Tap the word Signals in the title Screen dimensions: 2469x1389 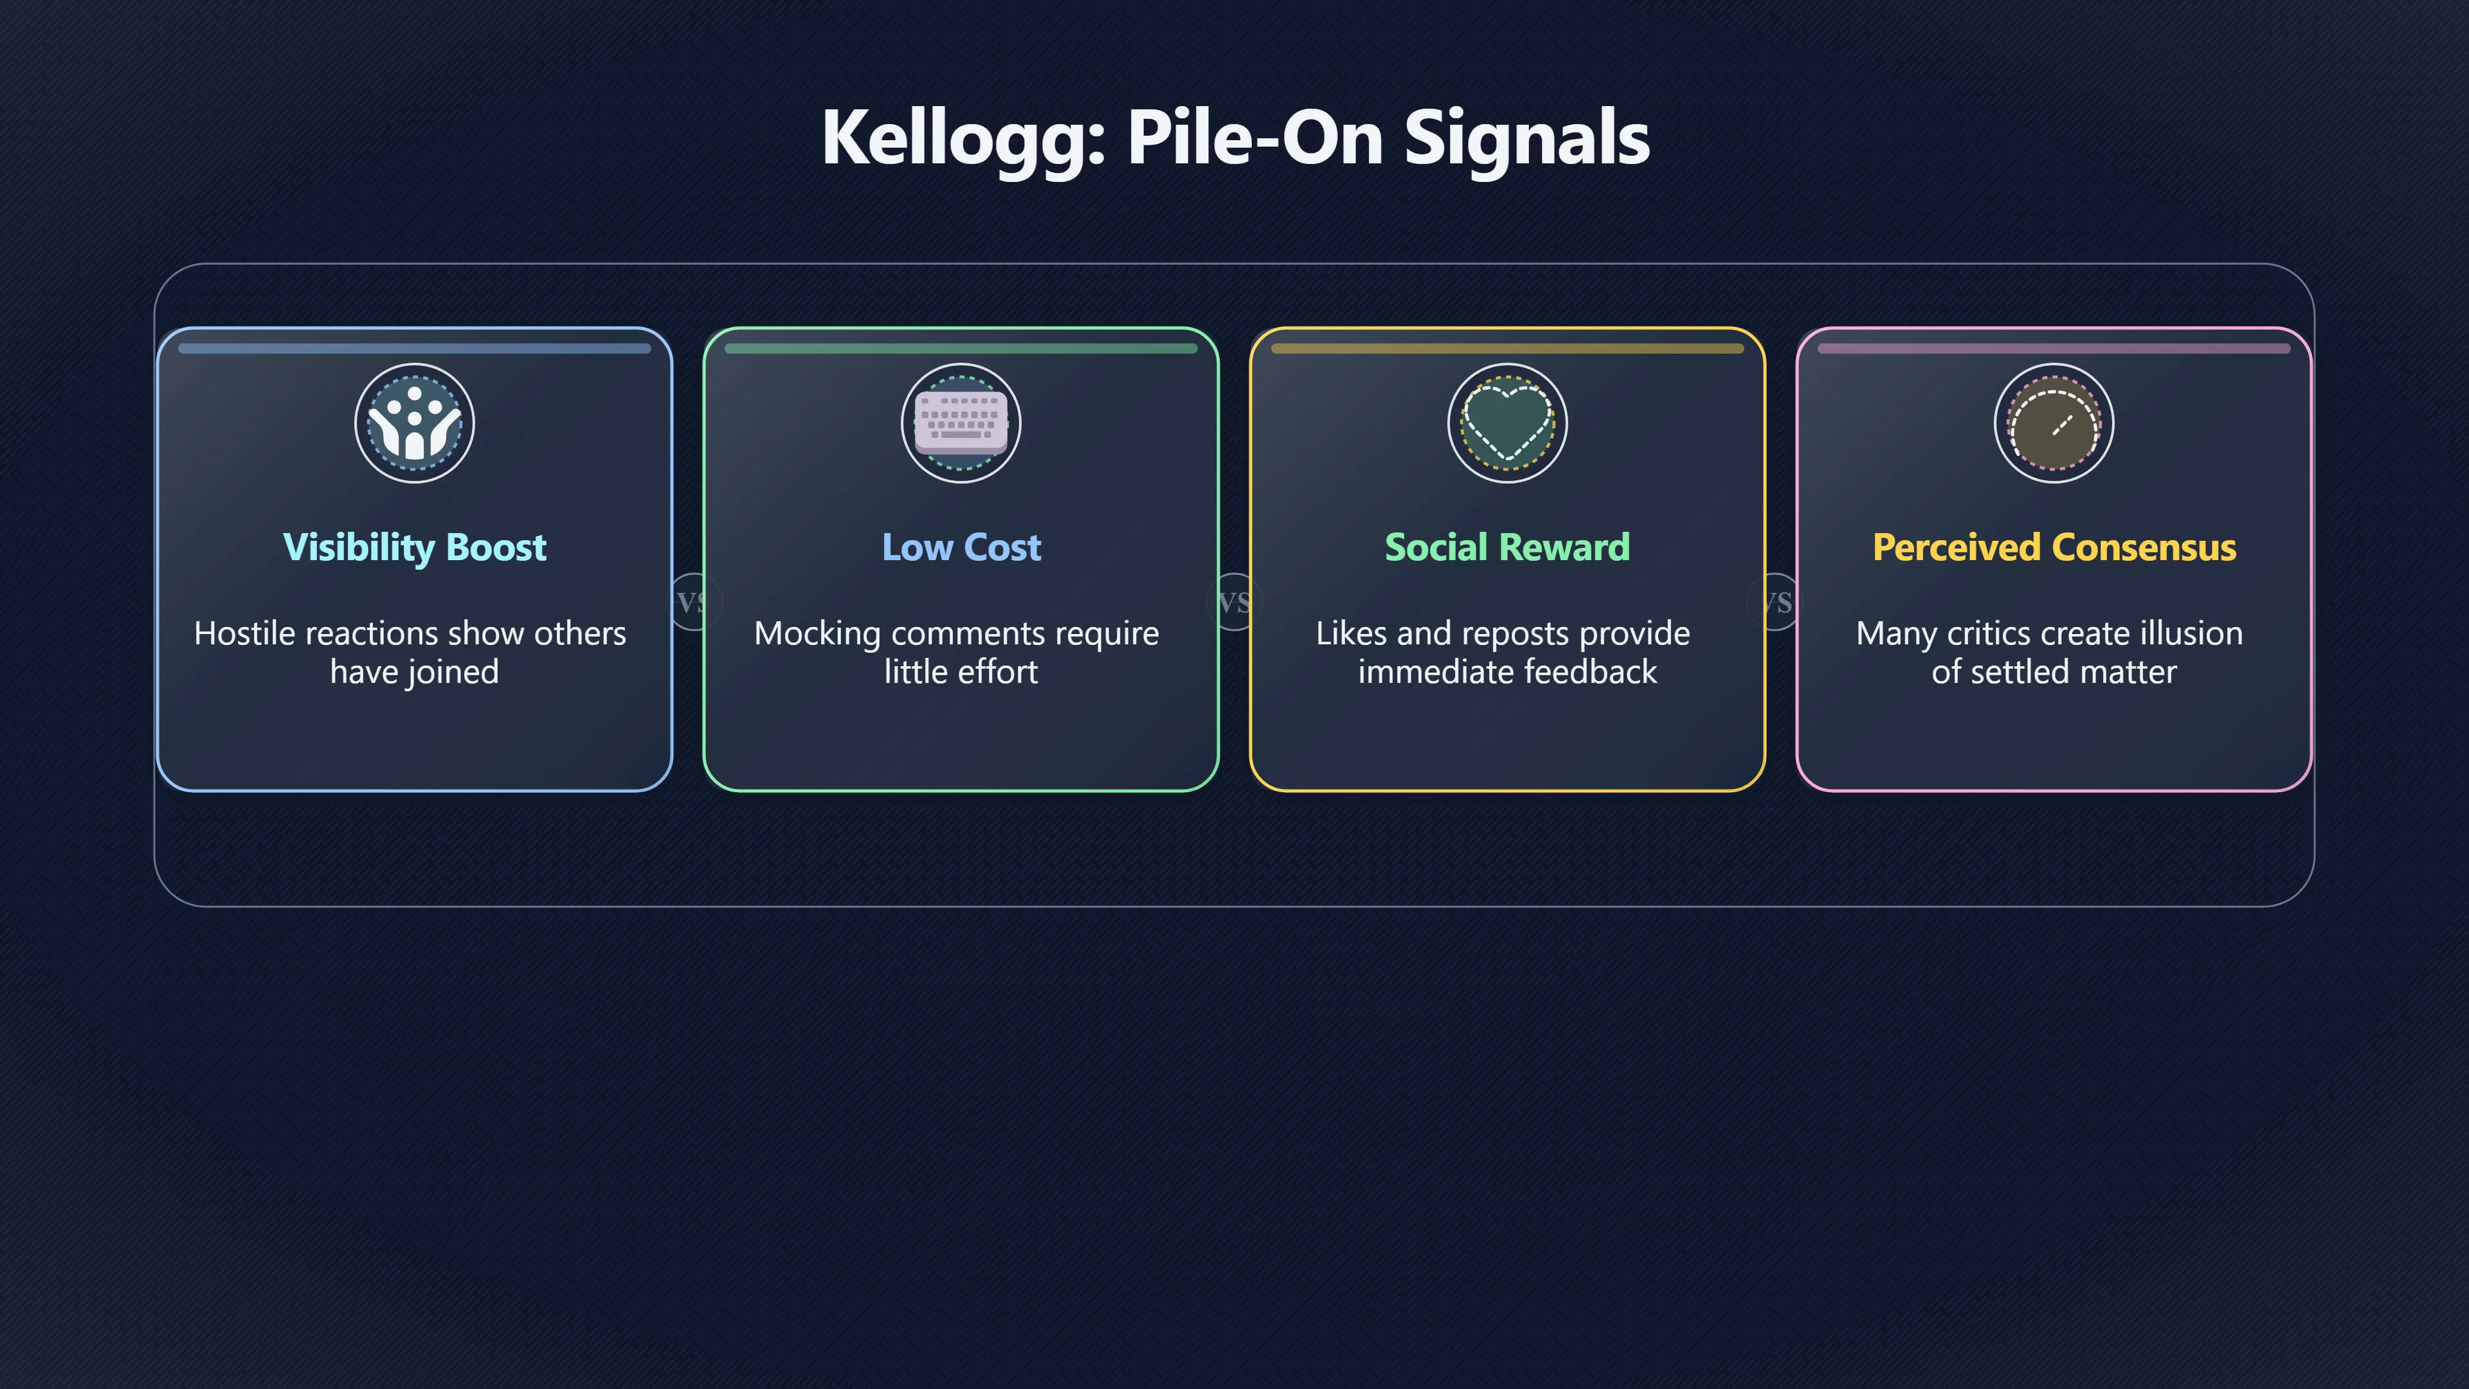[1527, 137]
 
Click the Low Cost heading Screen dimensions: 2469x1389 [961, 547]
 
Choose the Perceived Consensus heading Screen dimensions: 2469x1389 [2054, 547]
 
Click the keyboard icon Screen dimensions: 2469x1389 [961, 422]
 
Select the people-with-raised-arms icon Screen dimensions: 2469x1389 [414, 422]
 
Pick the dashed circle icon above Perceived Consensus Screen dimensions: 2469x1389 [2054, 422]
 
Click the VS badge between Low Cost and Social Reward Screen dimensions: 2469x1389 [1234, 602]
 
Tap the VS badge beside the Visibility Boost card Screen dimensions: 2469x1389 [691, 602]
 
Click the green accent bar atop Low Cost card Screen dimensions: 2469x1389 [961, 349]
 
